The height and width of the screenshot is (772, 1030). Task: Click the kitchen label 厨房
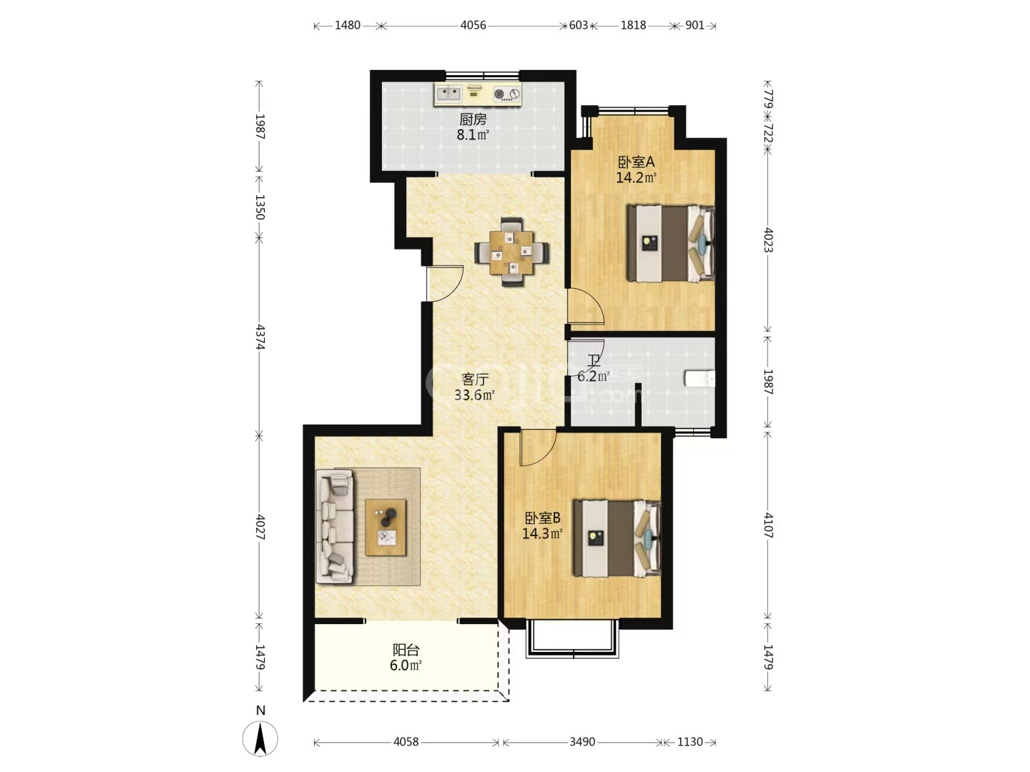(x=473, y=119)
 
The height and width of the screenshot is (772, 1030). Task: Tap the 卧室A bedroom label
(x=636, y=162)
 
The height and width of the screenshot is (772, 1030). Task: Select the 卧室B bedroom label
(x=542, y=518)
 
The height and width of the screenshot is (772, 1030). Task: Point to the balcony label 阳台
(x=406, y=650)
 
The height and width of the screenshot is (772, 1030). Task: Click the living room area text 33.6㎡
(x=474, y=395)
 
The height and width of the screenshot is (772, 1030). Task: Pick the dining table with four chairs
(x=511, y=252)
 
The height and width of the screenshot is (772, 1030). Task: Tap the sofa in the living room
(x=335, y=526)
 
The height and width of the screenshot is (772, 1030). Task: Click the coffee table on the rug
(x=386, y=528)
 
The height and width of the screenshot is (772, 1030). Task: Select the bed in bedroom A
(x=671, y=243)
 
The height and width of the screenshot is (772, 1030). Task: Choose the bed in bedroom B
(x=617, y=538)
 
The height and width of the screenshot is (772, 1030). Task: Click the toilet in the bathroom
(x=700, y=379)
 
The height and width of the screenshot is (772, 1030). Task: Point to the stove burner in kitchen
(x=507, y=94)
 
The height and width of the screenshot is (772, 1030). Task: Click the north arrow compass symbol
(x=260, y=738)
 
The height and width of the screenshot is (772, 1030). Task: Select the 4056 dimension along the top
(x=473, y=25)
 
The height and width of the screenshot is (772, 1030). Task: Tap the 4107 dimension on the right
(x=767, y=525)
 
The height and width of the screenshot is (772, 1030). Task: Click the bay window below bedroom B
(x=572, y=638)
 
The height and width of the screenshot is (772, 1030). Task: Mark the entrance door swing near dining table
(x=444, y=283)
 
